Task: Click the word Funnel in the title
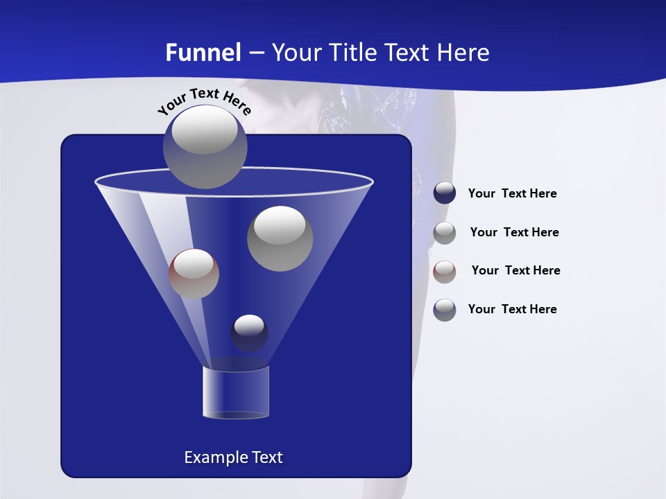pos(203,53)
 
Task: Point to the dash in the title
pos(256,53)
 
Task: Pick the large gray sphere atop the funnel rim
pos(205,147)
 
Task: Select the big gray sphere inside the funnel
pos(280,238)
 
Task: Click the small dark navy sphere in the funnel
pos(249,333)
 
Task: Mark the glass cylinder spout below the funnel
pos(235,392)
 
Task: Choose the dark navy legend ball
pos(445,193)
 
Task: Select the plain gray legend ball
pos(445,233)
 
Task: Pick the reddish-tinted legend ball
pos(445,272)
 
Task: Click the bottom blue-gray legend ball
pos(445,310)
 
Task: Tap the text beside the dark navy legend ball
pos(512,193)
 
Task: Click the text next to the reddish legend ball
pos(515,270)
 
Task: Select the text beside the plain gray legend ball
pos(514,232)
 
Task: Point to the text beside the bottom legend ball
pos(512,309)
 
